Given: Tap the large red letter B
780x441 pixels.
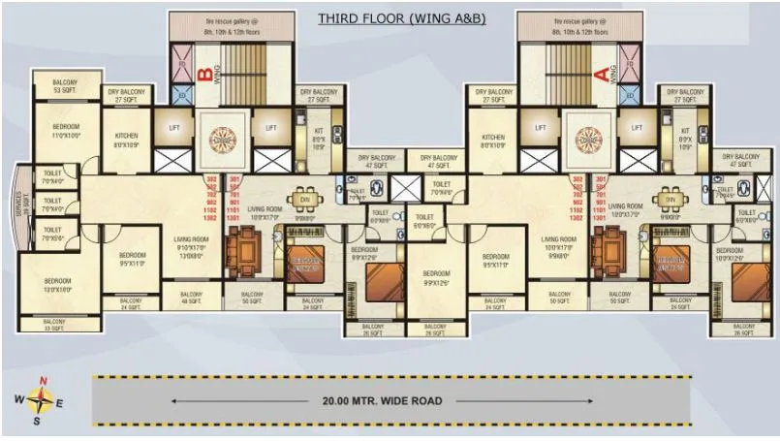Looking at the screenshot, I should click(x=204, y=73).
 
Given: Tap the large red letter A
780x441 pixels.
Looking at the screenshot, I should click(x=600, y=73).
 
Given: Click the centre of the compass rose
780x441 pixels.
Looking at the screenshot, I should click(x=41, y=398).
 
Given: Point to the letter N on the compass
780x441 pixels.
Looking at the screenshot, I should click(x=42, y=380).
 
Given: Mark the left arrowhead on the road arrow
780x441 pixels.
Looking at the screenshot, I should click(x=173, y=399).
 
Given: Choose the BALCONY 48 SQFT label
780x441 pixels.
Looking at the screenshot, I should click(x=189, y=299).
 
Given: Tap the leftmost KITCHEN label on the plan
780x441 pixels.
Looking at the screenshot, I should click(x=128, y=141).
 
